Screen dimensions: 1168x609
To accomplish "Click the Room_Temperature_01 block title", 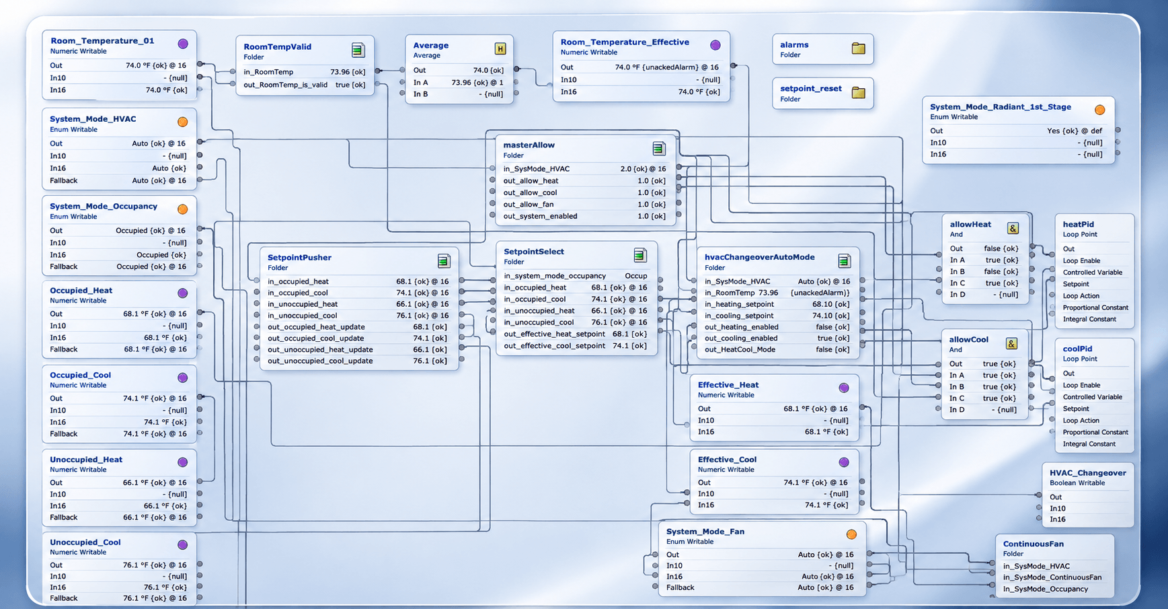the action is [x=102, y=41].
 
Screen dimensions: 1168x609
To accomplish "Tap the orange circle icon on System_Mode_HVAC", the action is [x=182, y=122].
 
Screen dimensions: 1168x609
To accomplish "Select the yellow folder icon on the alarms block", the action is [x=859, y=48].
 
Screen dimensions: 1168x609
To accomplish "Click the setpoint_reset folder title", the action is [x=811, y=89].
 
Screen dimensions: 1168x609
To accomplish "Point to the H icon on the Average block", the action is [x=500, y=48].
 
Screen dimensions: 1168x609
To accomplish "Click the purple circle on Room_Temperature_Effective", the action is [x=715, y=45].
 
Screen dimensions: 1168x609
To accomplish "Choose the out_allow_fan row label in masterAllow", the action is [x=529, y=205].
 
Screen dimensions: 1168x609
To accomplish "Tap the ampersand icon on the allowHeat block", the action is [x=1013, y=228].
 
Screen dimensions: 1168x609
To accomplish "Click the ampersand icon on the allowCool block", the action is [x=1011, y=344].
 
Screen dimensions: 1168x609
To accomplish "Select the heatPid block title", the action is [x=1079, y=225].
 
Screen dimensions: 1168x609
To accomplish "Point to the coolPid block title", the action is [x=1078, y=349].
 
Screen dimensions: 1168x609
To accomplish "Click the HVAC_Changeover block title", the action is [x=1088, y=473].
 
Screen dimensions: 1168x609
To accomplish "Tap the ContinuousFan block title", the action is [x=1034, y=544].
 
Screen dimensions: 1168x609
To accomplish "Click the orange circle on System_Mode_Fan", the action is [x=851, y=534].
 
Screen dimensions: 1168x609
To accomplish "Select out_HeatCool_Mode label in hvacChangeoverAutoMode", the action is [x=740, y=350].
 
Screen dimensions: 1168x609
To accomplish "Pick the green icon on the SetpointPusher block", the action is [x=444, y=261].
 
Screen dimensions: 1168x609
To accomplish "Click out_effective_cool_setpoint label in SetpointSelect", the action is [x=555, y=346].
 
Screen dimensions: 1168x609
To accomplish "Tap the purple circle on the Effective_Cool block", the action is [x=844, y=462].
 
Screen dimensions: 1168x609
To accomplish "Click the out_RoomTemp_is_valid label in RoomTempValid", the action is [x=286, y=85].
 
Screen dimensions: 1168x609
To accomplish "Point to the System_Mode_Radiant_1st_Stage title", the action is [x=1001, y=107].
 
